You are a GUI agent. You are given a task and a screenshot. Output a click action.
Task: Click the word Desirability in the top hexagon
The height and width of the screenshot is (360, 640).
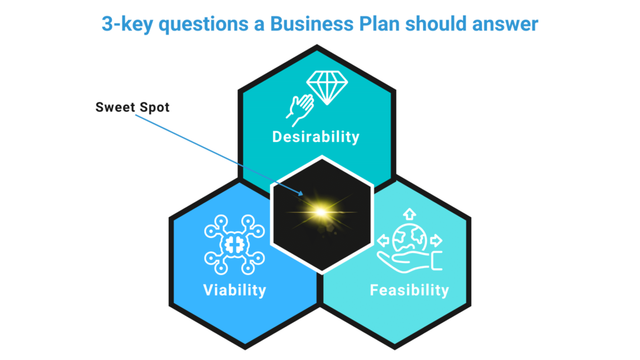[316, 136]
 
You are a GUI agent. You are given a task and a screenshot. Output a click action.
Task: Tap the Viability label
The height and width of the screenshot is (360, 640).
[234, 290]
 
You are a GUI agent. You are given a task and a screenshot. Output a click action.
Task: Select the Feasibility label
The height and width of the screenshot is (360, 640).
[409, 290]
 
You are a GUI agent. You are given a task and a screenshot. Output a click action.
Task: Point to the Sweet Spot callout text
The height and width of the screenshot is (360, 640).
[132, 107]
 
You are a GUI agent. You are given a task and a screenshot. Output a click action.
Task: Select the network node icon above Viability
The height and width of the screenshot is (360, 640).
[235, 244]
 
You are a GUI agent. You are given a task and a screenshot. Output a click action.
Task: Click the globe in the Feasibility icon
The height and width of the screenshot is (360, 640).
[410, 241]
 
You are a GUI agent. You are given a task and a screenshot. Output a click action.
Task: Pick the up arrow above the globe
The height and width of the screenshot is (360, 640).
[410, 213]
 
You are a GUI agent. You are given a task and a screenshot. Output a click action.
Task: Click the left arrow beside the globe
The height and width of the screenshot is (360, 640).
[382, 239]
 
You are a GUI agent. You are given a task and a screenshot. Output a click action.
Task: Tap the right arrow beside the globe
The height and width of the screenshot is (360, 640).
[437, 239]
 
